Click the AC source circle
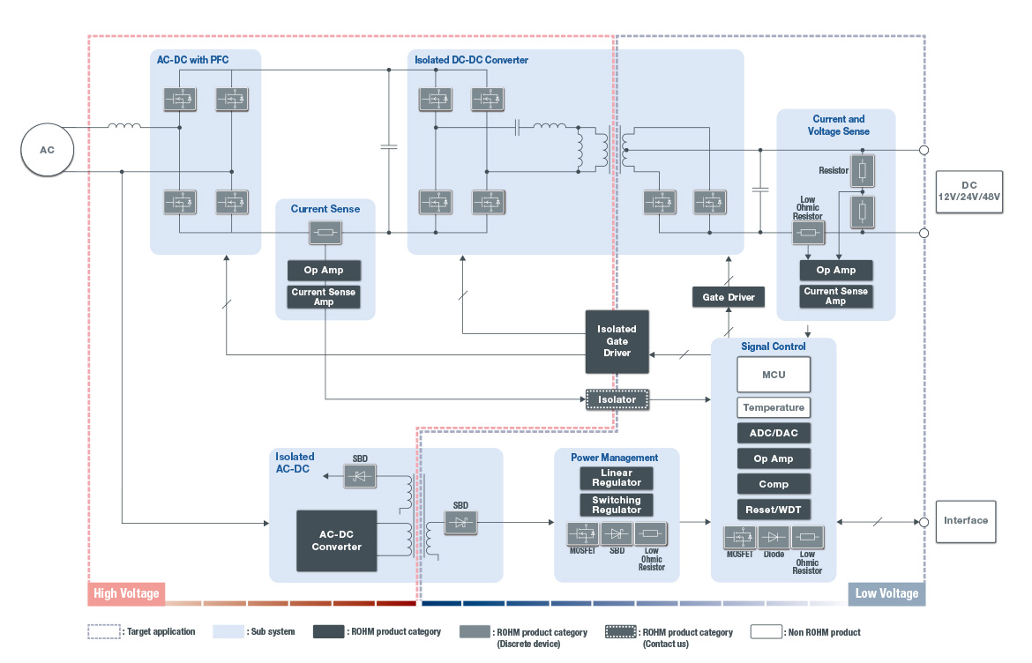click(x=47, y=150)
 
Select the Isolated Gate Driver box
click(x=617, y=341)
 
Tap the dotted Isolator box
click(x=617, y=399)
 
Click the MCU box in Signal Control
click(x=773, y=375)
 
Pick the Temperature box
click(x=773, y=407)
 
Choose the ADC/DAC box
click(x=773, y=433)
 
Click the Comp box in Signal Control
click(x=773, y=484)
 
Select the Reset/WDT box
click(x=773, y=510)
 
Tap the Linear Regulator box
click(x=617, y=478)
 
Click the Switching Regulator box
click(x=617, y=505)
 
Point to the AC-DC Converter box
click(x=336, y=540)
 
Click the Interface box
click(x=966, y=520)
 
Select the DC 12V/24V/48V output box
click(x=969, y=191)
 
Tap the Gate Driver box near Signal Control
click(x=729, y=297)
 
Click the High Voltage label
click(x=126, y=593)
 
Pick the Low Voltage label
click(x=886, y=593)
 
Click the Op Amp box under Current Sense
click(x=324, y=270)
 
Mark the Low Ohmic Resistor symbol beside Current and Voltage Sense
click(x=807, y=233)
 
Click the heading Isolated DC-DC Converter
click(x=471, y=60)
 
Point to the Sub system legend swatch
click(x=228, y=632)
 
